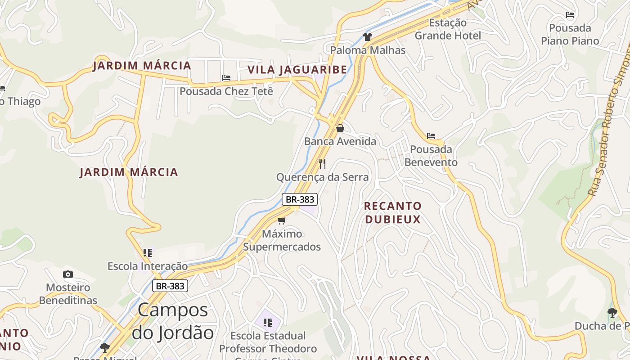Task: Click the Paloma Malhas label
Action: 368,50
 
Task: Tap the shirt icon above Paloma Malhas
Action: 368,37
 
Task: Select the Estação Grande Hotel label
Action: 448,29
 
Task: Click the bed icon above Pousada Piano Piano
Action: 570,15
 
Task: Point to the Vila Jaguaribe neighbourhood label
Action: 297,70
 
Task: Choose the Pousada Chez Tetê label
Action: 226,91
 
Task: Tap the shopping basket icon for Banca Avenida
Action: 340,128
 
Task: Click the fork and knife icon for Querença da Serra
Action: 322,163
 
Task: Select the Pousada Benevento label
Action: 431,156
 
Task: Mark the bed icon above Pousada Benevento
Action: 431,136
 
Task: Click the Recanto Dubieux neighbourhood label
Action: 392,213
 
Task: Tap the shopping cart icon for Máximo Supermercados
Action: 282,220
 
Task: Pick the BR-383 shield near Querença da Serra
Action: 300,199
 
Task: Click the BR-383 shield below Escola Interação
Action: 170,285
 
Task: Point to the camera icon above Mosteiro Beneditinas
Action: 68,274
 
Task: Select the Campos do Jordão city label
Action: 173,321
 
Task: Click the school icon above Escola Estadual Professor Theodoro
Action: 268,322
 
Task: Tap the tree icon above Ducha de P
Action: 612,312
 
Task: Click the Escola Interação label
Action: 148,266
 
